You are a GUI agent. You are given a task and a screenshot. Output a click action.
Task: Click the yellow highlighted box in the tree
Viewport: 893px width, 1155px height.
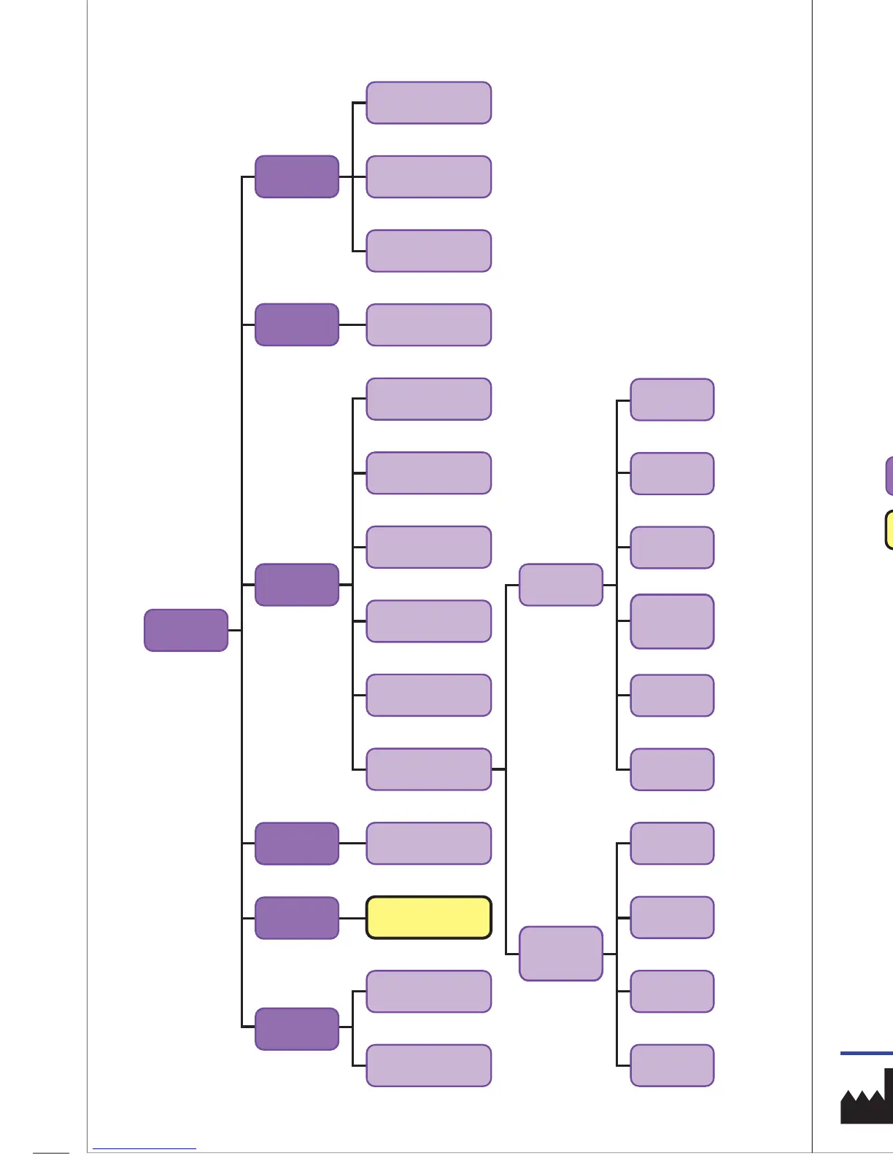click(x=428, y=917)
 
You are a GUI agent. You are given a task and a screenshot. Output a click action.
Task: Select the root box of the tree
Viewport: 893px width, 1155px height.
click(x=186, y=630)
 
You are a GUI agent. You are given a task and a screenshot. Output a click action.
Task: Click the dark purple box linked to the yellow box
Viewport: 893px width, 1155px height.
click(x=297, y=917)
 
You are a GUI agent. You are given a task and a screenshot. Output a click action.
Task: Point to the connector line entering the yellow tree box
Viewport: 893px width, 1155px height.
click(x=352, y=917)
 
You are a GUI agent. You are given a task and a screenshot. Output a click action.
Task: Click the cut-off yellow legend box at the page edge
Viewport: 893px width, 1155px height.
click(x=889, y=529)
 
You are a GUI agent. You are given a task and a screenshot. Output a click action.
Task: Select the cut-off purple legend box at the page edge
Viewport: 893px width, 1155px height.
click(x=889, y=476)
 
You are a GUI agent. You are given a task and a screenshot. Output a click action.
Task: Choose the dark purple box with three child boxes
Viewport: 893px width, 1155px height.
click(x=297, y=176)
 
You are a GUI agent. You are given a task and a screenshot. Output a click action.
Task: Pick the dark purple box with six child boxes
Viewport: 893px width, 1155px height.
click(x=297, y=585)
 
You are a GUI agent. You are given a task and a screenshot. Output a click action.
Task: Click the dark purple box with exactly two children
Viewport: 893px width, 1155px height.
click(x=297, y=1028)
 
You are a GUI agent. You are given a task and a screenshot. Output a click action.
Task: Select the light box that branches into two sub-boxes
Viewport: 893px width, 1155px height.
click(x=428, y=769)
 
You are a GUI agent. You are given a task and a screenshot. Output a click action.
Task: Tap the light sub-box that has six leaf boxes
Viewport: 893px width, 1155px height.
click(x=561, y=585)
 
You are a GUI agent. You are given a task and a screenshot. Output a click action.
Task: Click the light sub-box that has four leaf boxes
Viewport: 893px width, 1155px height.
click(x=561, y=954)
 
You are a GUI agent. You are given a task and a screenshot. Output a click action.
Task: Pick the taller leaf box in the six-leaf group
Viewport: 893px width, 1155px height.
click(x=672, y=621)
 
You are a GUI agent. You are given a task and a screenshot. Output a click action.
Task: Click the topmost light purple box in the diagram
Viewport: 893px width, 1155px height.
click(x=428, y=103)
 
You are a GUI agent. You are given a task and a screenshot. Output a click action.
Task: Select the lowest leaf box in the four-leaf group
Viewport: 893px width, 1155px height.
click(x=672, y=1065)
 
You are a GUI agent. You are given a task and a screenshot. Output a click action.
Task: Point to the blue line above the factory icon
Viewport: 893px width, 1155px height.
click(x=867, y=1053)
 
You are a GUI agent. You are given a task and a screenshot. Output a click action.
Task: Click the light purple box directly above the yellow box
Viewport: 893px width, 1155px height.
click(x=428, y=844)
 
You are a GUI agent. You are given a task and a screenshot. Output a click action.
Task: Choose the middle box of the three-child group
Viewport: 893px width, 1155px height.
click(x=428, y=176)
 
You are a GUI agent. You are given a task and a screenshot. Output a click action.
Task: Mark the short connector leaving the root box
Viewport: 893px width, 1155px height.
click(x=234, y=630)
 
